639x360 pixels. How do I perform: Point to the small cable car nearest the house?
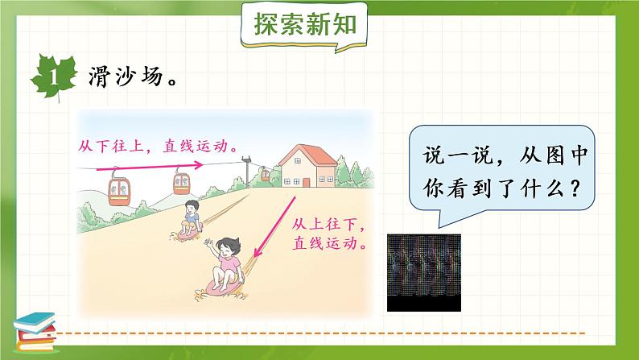click(x=264, y=173)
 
